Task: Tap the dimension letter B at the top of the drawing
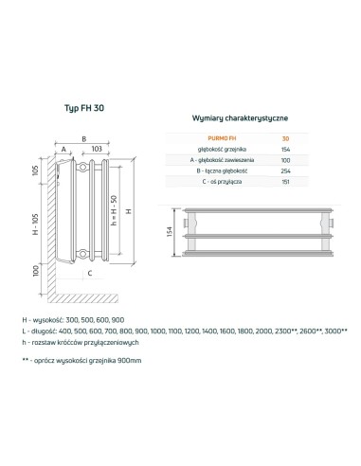[84, 138]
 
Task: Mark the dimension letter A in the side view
[63, 150]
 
